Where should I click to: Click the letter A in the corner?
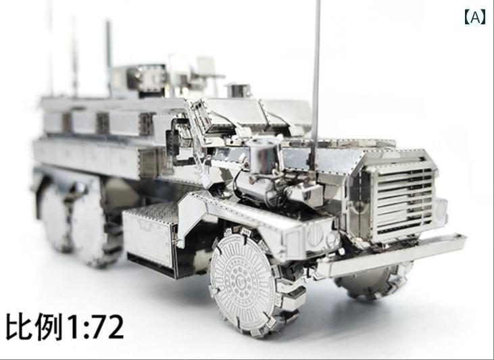(x=475, y=18)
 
